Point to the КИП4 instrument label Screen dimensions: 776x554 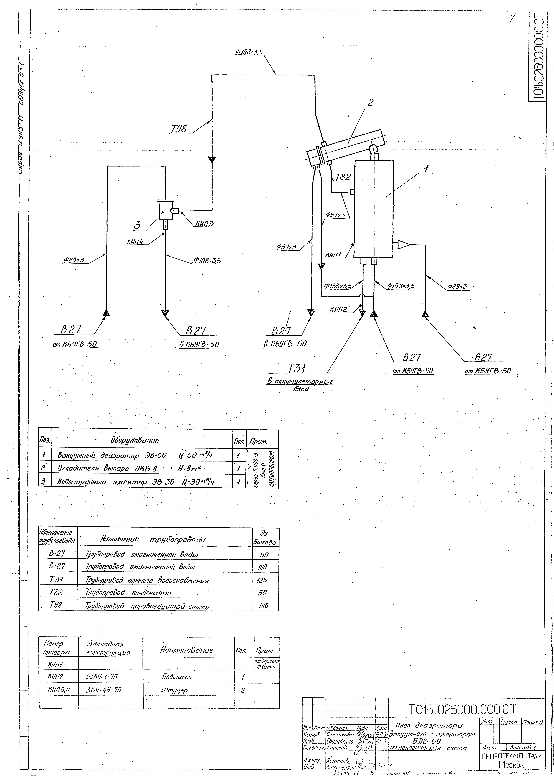pos(135,242)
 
